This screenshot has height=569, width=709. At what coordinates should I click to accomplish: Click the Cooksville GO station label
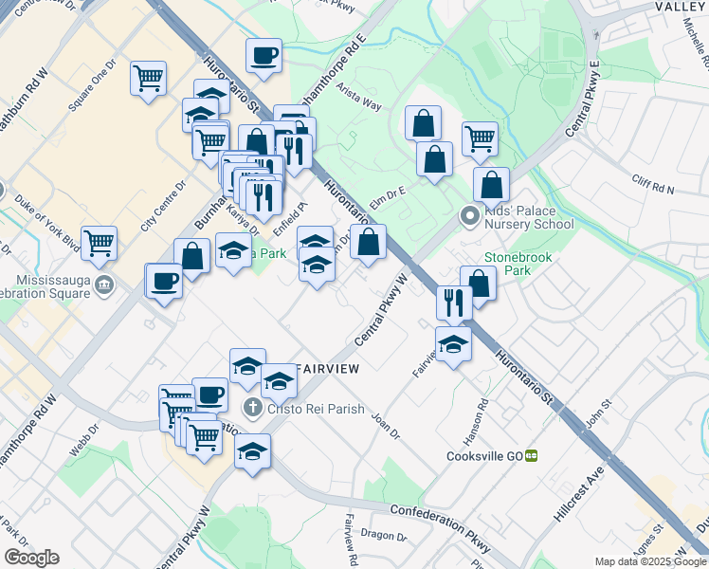click(484, 455)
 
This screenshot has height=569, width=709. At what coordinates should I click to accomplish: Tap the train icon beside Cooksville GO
click(532, 455)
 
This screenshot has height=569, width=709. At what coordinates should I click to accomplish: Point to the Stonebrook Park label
click(518, 264)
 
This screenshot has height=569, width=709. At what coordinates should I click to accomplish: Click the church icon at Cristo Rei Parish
click(252, 408)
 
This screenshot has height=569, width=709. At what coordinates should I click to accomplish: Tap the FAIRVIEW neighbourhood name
click(326, 367)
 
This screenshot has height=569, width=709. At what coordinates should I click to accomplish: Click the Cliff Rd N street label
click(652, 185)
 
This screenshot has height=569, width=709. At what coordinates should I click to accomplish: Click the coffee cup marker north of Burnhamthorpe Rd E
click(264, 53)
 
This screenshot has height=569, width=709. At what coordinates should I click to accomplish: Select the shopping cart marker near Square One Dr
click(148, 77)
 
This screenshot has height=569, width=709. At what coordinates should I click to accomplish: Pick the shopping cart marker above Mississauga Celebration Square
click(99, 243)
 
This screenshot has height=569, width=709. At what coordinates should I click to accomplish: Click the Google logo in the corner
click(32, 557)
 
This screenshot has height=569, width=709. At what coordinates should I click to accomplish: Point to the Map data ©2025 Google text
click(650, 561)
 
